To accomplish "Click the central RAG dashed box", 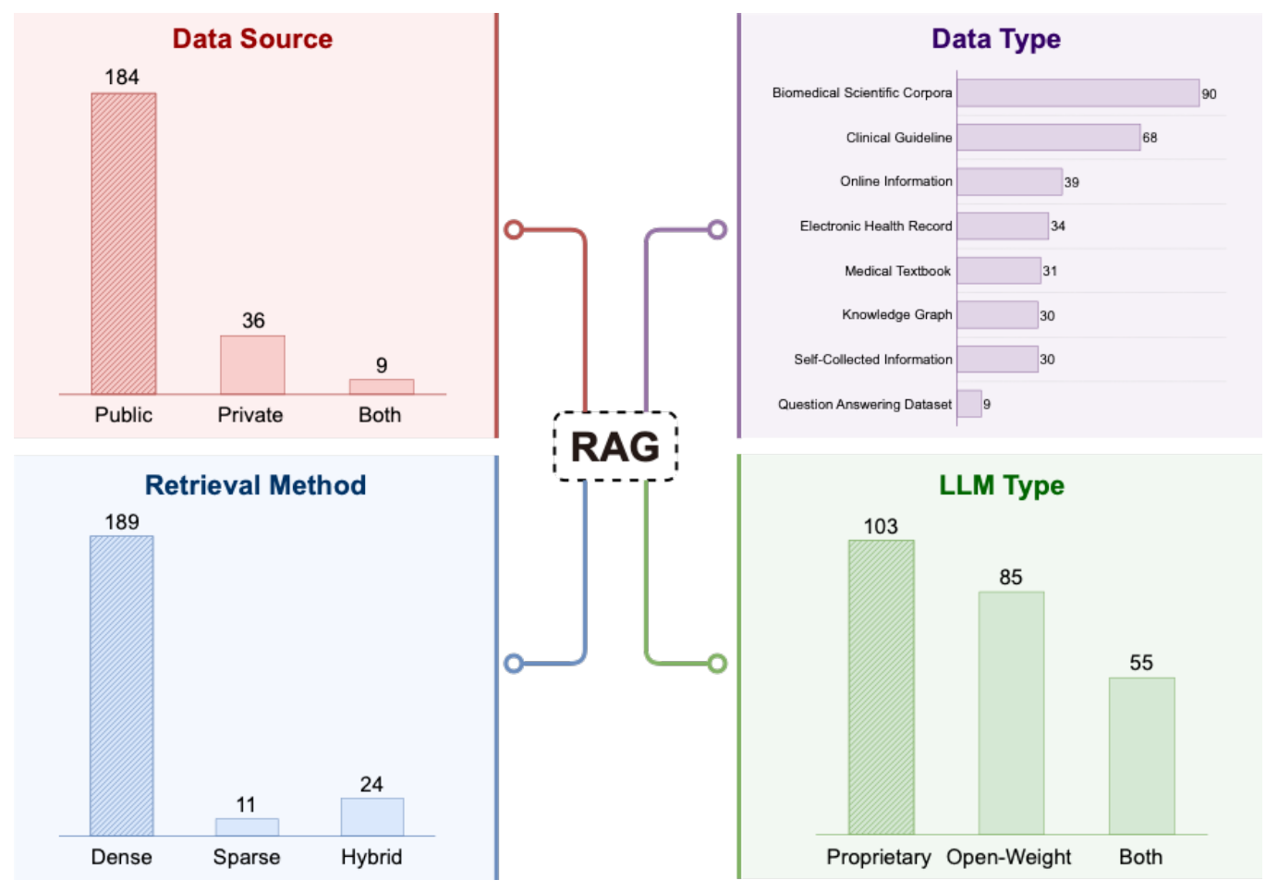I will pyautogui.click(x=615, y=446).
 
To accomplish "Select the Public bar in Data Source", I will pyautogui.click(x=123, y=243).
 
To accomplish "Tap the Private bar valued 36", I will pyautogui.click(x=252, y=364).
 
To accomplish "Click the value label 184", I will pyautogui.click(x=122, y=78).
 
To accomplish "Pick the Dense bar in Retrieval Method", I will pyautogui.click(x=122, y=685).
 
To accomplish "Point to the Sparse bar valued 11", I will pyautogui.click(x=247, y=826).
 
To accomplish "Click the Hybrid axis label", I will pyautogui.click(x=371, y=857).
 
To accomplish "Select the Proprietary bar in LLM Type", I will pyautogui.click(x=881, y=687).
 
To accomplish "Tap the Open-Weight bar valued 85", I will pyautogui.click(x=1011, y=713).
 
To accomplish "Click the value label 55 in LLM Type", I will pyautogui.click(x=1141, y=663).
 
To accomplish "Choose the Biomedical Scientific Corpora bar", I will pyautogui.click(x=1077, y=93).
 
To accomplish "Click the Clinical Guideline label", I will pyautogui.click(x=898, y=138).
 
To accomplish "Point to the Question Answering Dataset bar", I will pyautogui.click(x=968, y=404).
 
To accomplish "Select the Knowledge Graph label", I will pyautogui.click(x=896, y=315).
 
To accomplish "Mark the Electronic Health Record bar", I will pyautogui.click(x=1003, y=226).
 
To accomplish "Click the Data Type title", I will pyautogui.click(x=995, y=39).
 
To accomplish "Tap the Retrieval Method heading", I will pyautogui.click(x=255, y=485).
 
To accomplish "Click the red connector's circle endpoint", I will pyautogui.click(x=515, y=230).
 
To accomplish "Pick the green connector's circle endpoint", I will pyautogui.click(x=717, y=663).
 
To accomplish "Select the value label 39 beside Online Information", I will pyautogui.click(x=1071, y=182).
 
